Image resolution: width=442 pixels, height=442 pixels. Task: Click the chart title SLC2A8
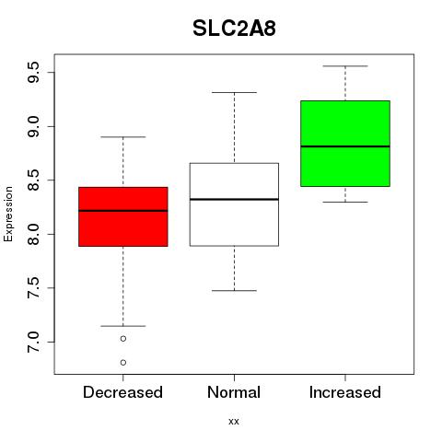pyautogui.click(x=234, y=29)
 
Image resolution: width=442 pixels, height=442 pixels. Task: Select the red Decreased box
pyautogui.click(x=123, y=216)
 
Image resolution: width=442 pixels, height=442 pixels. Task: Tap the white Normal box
pyautogui.click(x=234, y=204)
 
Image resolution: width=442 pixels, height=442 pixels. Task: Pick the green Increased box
pyautogui.click(x=345, y=144)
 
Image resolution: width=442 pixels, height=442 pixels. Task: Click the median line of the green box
pyautogui.click(x=345, y=146)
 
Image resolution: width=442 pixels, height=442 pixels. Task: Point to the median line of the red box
pyautogui.click(x=123, y=211)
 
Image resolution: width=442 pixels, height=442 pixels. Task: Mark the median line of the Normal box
pyautogui.click(x=234, y=200)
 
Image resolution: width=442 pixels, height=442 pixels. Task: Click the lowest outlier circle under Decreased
pyautogui.click(x=123, y=363)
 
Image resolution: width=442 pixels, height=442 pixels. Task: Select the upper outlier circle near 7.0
pyautogui.click(x=123, y=339)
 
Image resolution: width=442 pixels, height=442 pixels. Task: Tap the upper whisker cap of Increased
pyautogui.click(x=345, y=66)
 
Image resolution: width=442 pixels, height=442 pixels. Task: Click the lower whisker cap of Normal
pyautogui.click(x=234, y=290)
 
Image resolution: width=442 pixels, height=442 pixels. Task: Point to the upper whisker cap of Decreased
pyautogui.click(x=123, y=137)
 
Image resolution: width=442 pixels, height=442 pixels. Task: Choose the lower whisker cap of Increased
pyautogui.click(x=345, y=202)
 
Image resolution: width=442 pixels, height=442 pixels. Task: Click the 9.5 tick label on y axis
pyautogui.click(x=33, y=73)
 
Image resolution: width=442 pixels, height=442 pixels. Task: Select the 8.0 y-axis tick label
pyautogui.click(x=33, y=234)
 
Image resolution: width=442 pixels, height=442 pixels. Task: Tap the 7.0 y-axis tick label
pyautogui.click(x=33, y=342)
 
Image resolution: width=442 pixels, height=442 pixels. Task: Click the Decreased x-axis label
pyautogui.click(x=122, y=392)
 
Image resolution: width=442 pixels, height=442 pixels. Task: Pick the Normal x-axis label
pyautogui.click(x=234, y=392)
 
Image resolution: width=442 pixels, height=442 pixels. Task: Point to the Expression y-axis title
pyautogui.click(x=8, y=214)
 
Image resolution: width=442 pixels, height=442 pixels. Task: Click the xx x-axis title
pyautogui.click(x=234, y=422)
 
